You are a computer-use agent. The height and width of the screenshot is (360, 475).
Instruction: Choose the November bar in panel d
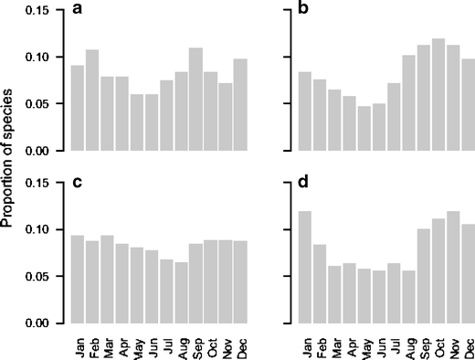tap(452, 267)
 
